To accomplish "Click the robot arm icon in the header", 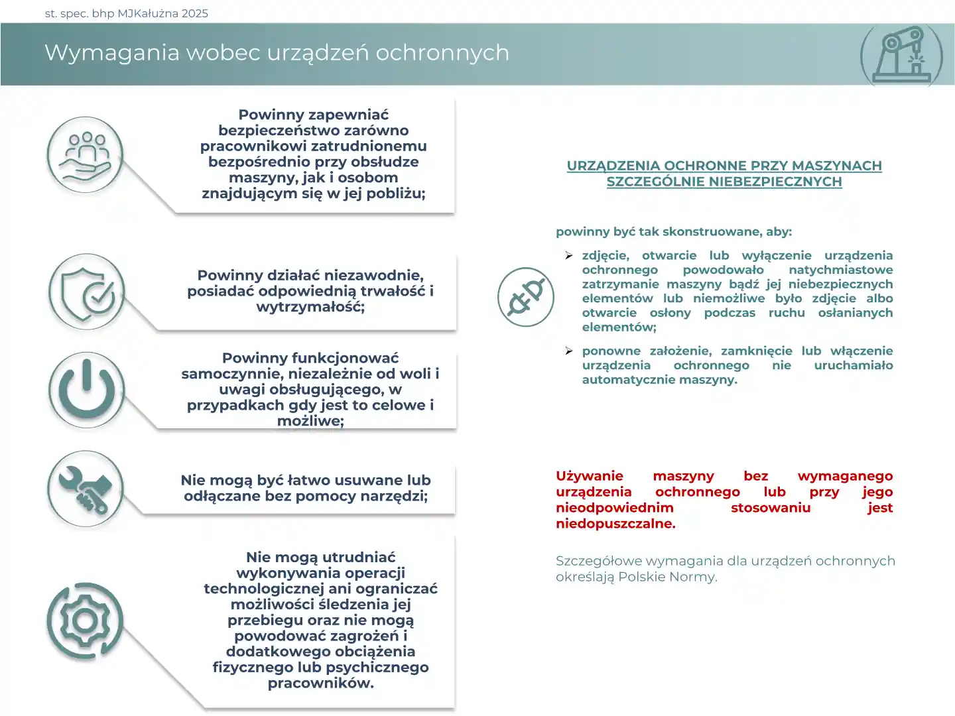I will [901, 54].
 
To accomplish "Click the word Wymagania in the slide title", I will [112, 53].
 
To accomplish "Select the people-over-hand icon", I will [86, 155].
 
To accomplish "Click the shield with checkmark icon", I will [87, 292].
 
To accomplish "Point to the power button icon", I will [86, 390].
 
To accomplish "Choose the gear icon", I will [85, 621].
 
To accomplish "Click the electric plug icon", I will [527, 296].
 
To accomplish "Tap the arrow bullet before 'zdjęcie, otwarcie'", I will [569, 256].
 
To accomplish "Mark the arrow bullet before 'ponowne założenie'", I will [569, 351].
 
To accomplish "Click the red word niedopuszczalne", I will [615, 524].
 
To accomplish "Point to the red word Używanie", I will [589, 476].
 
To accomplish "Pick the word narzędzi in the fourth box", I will [396, 496].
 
